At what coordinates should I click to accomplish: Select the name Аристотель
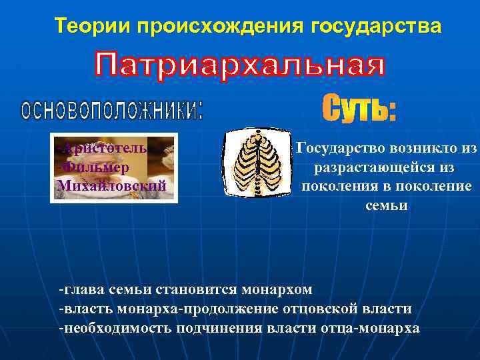coord(107,147)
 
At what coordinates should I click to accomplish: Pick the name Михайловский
coord(112,185)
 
